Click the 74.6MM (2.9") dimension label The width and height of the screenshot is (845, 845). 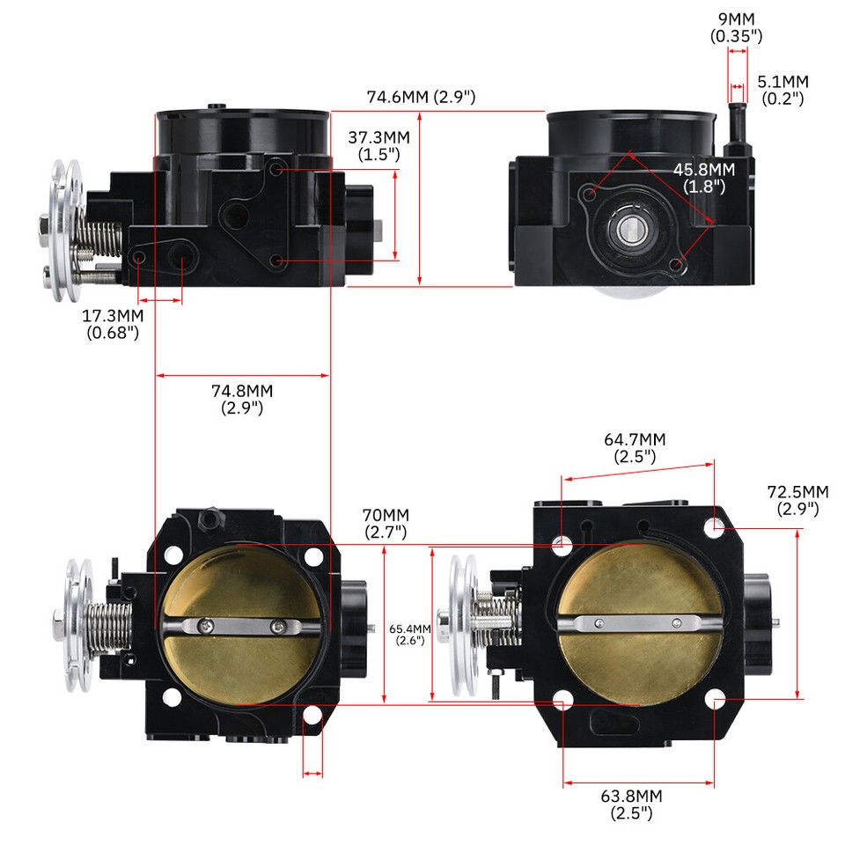coord(421,97)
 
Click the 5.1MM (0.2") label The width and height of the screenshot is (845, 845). coord(783,90)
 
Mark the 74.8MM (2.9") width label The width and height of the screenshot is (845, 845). coord(242,399)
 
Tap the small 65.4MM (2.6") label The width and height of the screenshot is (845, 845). coord(409,634)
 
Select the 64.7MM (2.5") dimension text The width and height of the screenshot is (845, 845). coord(635,447)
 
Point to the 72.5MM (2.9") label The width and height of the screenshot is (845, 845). coord(797,499)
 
